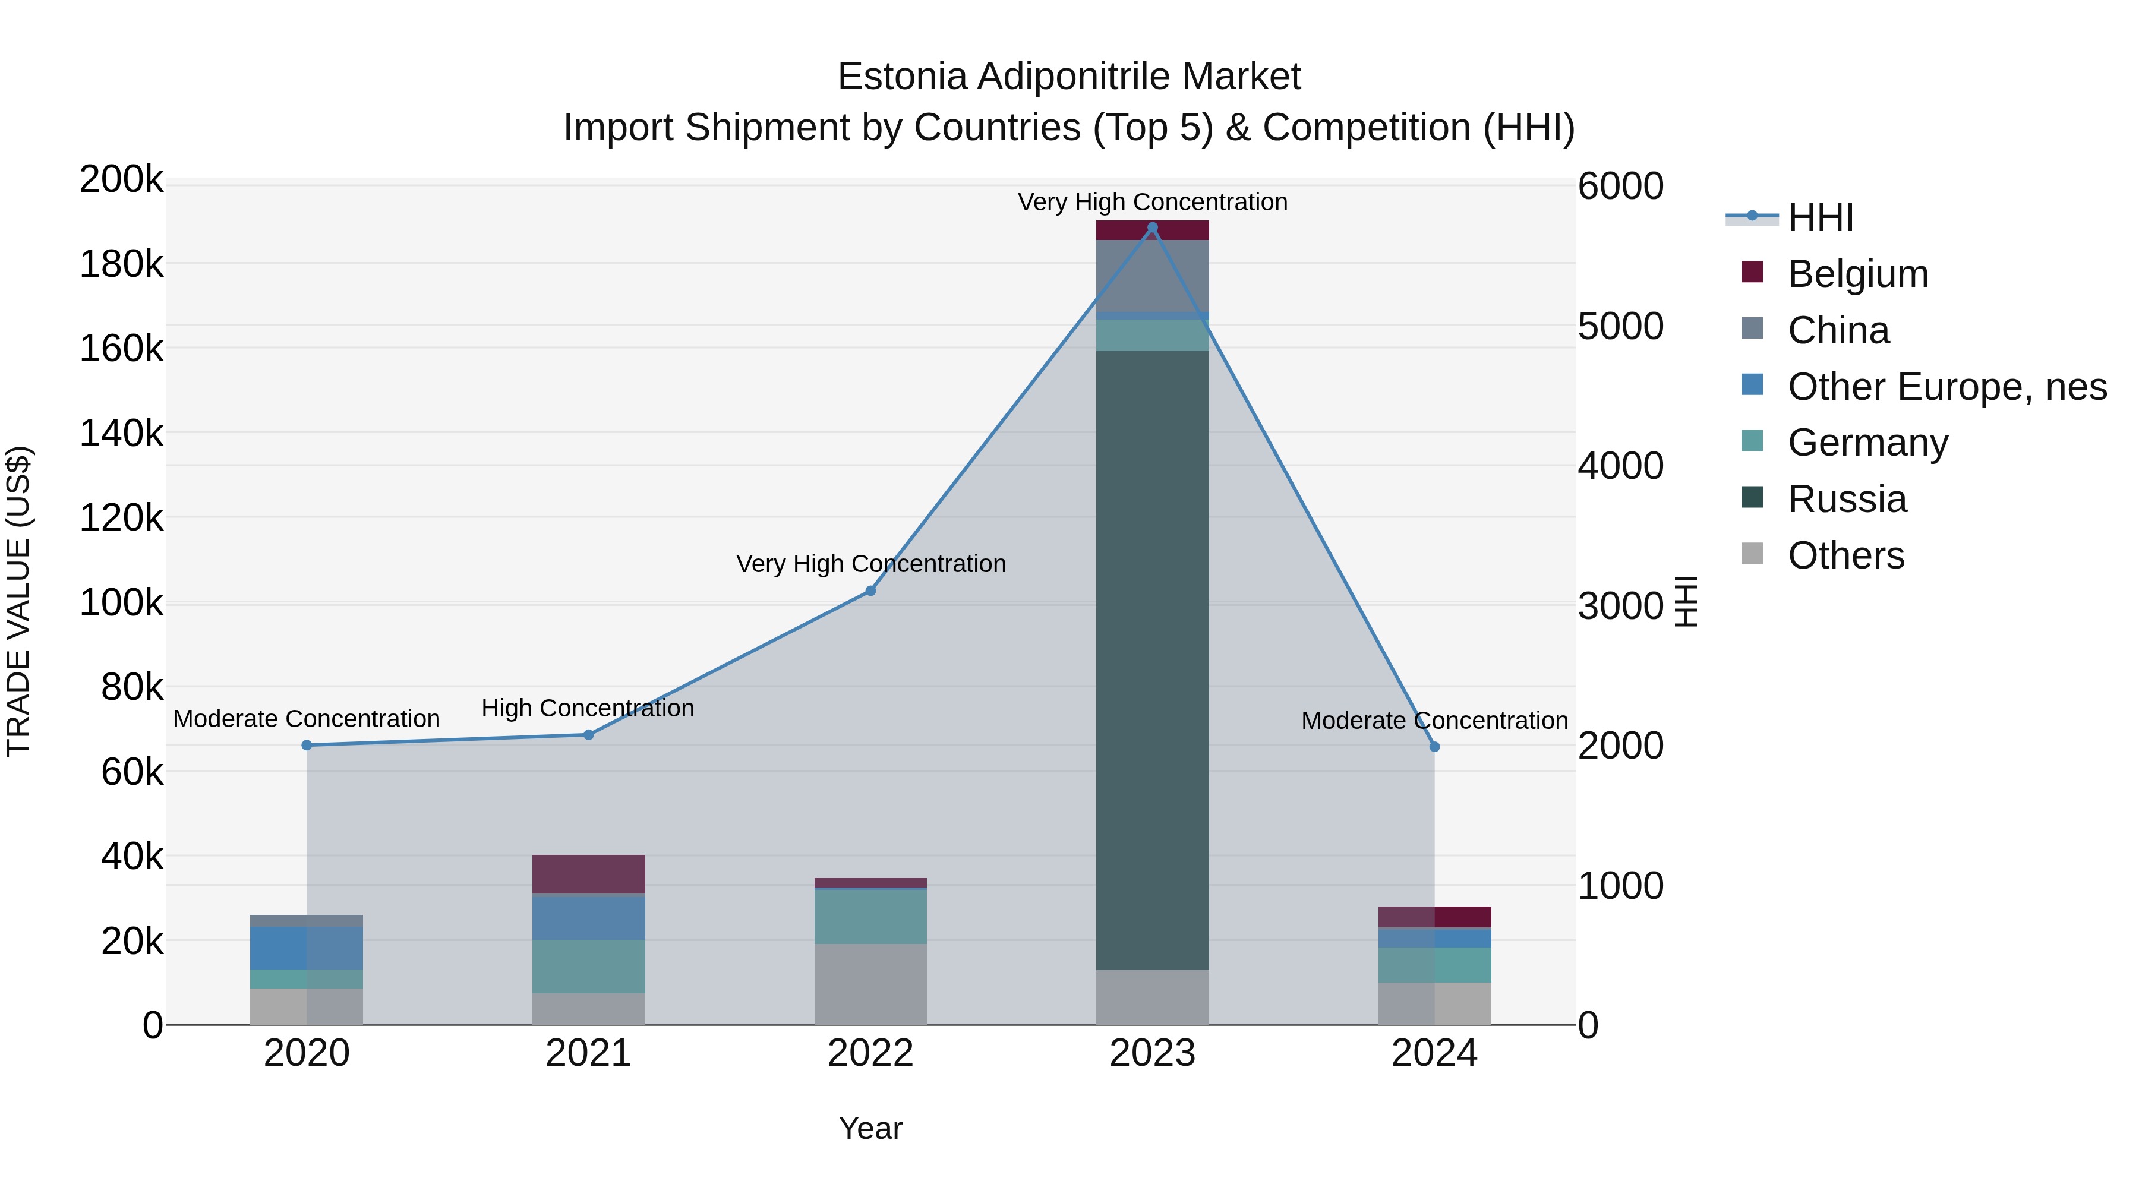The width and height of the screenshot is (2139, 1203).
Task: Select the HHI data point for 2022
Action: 870,591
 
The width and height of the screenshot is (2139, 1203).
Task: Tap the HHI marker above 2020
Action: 307,746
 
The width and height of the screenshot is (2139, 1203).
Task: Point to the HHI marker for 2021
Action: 589,735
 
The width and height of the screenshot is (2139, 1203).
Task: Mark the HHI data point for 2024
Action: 1434,747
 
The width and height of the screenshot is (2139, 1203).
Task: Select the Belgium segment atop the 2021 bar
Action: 589,874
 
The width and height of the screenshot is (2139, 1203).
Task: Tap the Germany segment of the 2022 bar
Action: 870,917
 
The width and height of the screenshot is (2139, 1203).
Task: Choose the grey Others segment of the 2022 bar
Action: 870,984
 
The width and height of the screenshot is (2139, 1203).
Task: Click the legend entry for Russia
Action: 1847,499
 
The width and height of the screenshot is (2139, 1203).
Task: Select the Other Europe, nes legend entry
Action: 1946,387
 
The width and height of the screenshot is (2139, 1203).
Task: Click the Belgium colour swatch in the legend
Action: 1752,272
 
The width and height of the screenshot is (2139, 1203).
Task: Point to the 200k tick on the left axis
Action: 121,179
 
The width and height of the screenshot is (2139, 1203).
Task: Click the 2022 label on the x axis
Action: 870,1053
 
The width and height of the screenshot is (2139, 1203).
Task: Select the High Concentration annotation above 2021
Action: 588,708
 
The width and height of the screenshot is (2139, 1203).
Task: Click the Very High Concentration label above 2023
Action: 1153,202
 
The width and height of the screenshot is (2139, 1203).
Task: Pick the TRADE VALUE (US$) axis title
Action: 18,601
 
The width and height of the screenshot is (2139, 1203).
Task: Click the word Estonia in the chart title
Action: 902,77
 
